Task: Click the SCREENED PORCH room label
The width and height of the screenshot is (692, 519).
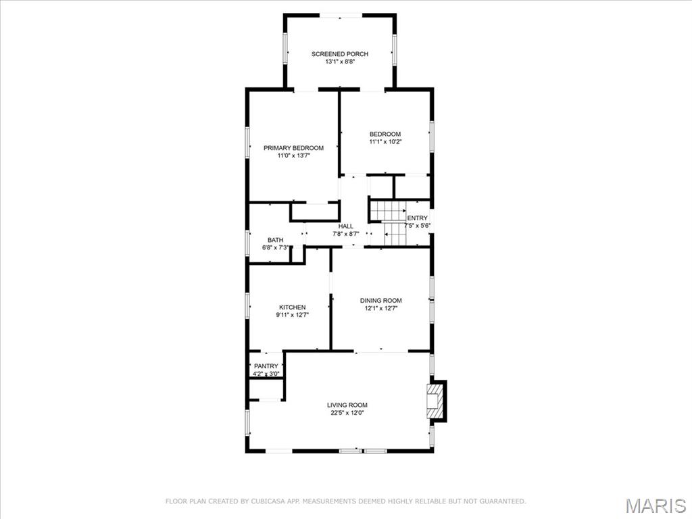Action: pos(340,54)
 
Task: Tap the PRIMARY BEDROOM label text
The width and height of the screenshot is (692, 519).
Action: pos(293,148)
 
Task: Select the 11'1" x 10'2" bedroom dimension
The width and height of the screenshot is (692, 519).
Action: pos(385,142)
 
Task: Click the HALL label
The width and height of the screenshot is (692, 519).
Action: pos(346,226)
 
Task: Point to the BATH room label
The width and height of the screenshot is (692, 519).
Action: pos(276,240)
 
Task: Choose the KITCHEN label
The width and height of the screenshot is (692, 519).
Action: pos(292,307)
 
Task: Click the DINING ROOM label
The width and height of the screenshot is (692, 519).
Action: pos(381,301)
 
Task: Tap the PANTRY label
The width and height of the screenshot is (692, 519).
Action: pos(266,366)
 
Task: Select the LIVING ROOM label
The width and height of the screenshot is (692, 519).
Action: pos(347,405)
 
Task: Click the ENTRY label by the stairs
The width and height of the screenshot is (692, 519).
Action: pos(417,218)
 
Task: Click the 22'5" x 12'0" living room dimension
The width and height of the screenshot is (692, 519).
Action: pos(347,413)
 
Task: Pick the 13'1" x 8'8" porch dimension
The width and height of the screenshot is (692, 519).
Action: pos(341,61)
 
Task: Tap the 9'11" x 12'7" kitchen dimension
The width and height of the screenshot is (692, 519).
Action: pos(292,315)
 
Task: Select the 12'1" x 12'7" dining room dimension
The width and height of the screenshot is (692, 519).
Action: pos(381,308)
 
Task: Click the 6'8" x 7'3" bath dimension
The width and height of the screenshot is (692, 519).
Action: pos(276,247)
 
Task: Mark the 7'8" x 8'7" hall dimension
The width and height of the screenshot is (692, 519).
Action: pos(346,233)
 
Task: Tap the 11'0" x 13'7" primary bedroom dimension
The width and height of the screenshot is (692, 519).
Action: pos(294,156)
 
